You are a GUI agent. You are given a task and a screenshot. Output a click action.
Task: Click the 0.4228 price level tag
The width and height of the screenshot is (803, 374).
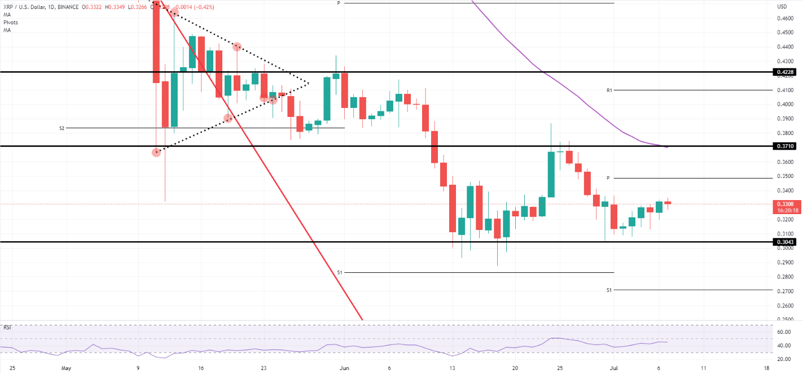coord(786,72)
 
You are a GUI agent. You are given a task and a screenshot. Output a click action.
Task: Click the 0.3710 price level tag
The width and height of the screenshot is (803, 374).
coord(786,146)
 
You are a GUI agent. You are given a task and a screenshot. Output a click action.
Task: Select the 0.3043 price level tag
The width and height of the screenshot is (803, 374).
coord(786,241)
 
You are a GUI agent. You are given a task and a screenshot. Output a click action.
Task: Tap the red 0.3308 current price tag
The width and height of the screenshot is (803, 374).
coord(786,204)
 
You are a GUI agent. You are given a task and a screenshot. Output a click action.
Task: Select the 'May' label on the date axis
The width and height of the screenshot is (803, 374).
coord(67,367)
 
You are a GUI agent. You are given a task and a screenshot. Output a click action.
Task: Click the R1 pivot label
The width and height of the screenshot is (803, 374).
coord(609,90)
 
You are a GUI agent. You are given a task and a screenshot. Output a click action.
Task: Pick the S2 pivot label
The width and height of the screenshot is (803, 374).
coord(62,128)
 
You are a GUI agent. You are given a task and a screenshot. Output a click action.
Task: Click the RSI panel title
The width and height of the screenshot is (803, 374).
coord(8,327)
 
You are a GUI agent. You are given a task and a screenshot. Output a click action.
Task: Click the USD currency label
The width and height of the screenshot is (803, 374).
coord(782,7)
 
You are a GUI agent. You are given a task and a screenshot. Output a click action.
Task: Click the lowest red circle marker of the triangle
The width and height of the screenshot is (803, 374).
coord(156,153)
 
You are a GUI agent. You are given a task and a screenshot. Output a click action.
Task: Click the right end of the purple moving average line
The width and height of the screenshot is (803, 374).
coord(668,147)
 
